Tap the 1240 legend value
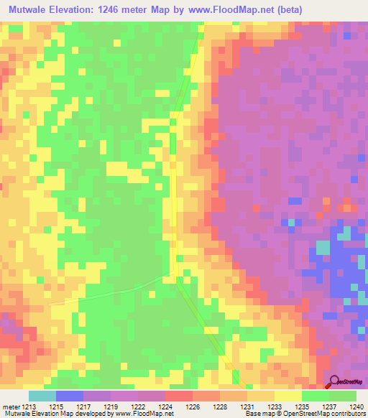coord(357,406)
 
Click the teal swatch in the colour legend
coord(42,396)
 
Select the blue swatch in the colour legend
coord(69,396)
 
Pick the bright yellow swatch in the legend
coord(287,396)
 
